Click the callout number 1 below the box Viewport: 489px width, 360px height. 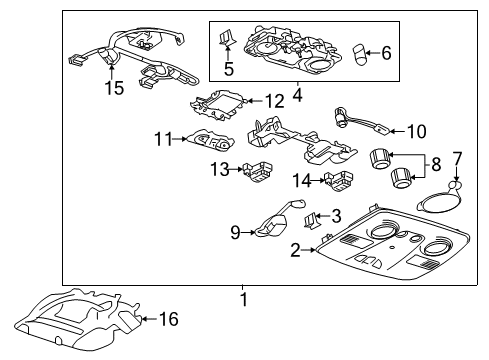[243, 299]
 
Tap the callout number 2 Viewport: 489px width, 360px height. [294, 249]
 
